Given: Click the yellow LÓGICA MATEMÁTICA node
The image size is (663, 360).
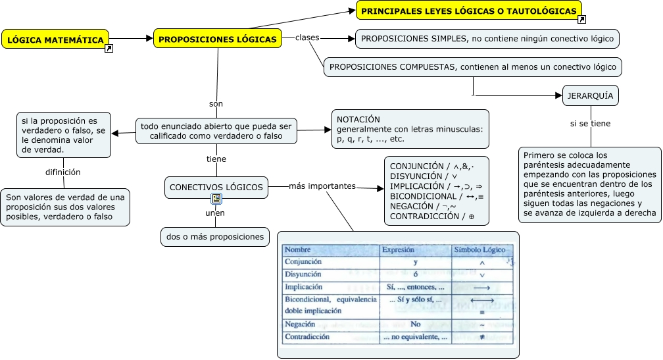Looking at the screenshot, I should coord(56,40).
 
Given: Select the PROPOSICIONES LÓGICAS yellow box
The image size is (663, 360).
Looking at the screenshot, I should coord(218,39).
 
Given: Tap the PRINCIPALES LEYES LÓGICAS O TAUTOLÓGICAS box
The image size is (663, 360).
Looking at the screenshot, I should coord(469,11).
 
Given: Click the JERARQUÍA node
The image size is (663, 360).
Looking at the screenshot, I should coord(590,96).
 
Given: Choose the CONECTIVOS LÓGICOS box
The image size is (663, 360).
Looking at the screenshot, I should coord(216,188).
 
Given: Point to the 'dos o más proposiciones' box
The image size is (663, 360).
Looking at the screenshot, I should coord(214,237).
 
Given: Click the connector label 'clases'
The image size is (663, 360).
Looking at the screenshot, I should coord(307,38).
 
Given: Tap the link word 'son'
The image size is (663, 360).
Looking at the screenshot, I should coord(216,103).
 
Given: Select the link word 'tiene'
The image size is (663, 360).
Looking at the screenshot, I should coord(216,159).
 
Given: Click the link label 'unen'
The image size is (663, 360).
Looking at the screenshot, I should coord(215,213).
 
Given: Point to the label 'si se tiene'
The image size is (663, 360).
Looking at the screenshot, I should coord(590,123).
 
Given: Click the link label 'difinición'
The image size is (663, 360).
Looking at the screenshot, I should coord(63,172).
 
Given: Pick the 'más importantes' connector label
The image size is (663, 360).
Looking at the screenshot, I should coord(322,186).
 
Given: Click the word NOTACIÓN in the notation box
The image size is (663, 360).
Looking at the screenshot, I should coord(358,119).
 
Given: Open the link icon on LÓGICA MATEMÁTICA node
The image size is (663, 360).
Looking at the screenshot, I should coord(109,48).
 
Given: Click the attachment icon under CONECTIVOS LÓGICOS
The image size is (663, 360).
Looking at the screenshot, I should coord(216,199).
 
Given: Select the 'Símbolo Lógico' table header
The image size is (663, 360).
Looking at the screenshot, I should coord(479,250).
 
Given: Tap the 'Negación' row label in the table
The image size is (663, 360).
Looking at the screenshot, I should coord(299,324).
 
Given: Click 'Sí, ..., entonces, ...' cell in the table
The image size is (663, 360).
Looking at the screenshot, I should coord(415,287).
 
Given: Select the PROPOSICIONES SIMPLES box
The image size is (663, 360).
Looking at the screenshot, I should coord(487,39).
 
